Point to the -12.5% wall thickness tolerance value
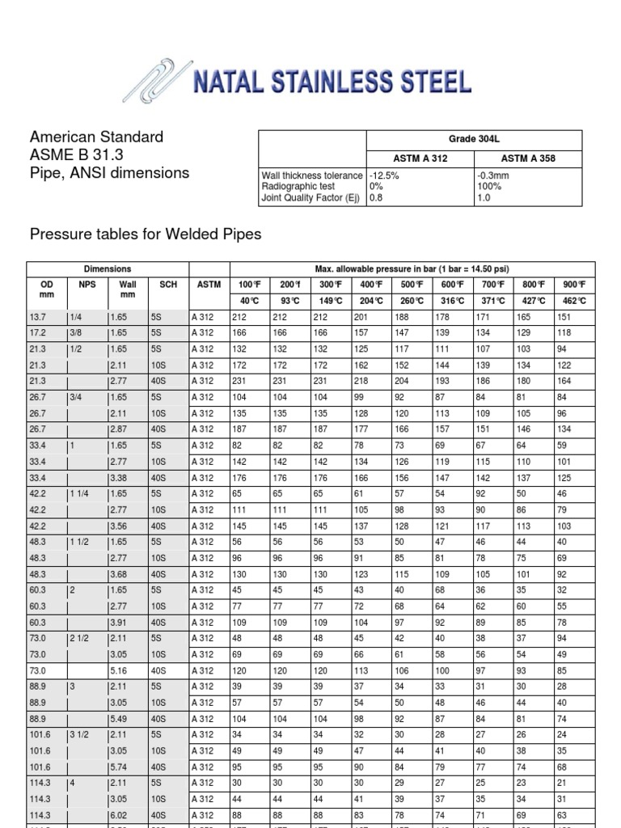(383, 175)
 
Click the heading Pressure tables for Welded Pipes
(145, 234)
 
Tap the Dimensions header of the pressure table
(108, 268)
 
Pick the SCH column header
(168, 284)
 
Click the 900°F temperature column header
(575, 284)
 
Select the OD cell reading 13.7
(39, 318)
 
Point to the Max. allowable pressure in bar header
(412, 268)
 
